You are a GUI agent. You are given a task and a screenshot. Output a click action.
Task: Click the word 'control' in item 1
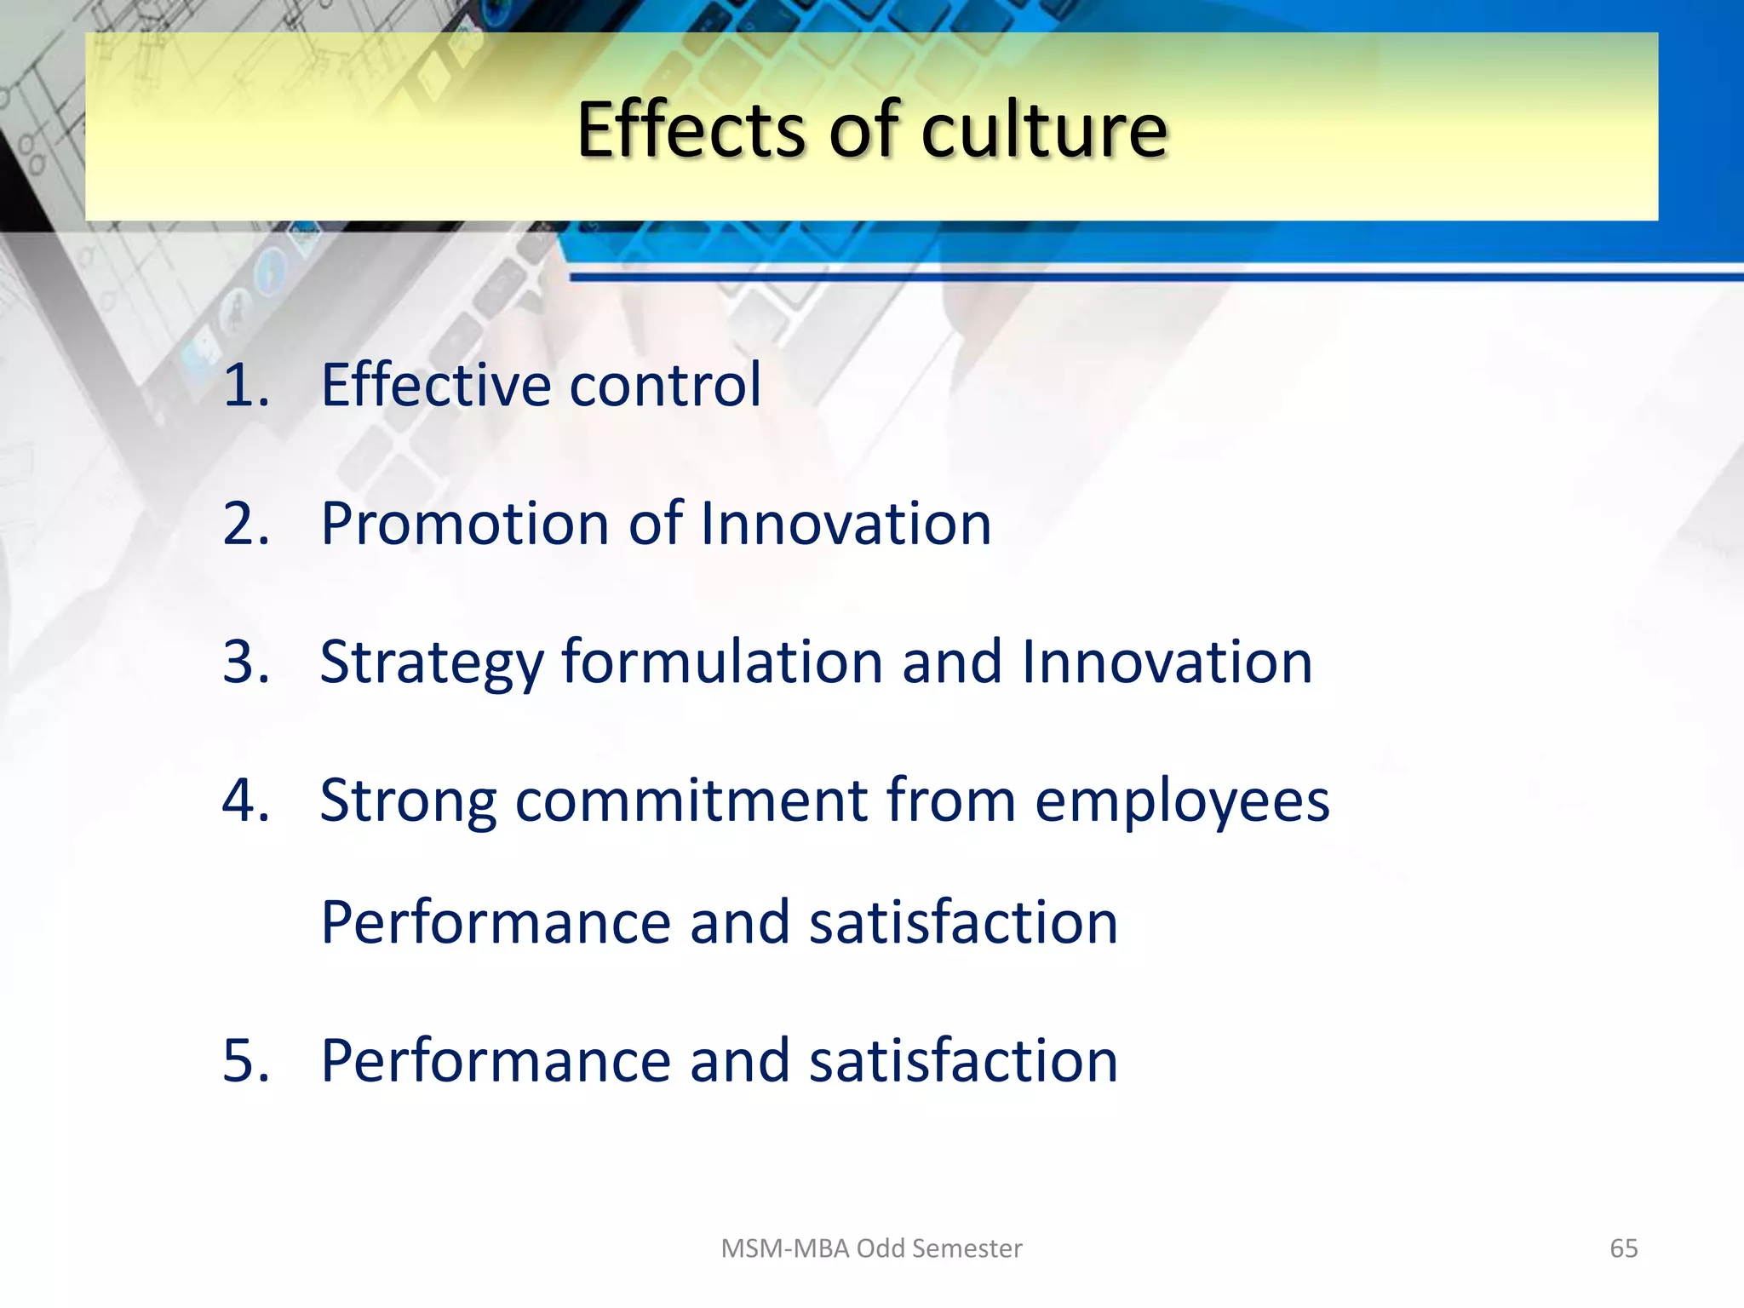tap(665, 385)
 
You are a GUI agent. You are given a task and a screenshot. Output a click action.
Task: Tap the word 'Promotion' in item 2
tap(464, 523)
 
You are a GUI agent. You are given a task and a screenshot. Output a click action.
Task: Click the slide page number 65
tap(1623, 1248)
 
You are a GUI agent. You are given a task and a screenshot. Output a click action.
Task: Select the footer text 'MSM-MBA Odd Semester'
tap(871, 1248)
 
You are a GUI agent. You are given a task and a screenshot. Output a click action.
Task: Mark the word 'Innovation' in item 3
tap(1167, 662)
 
